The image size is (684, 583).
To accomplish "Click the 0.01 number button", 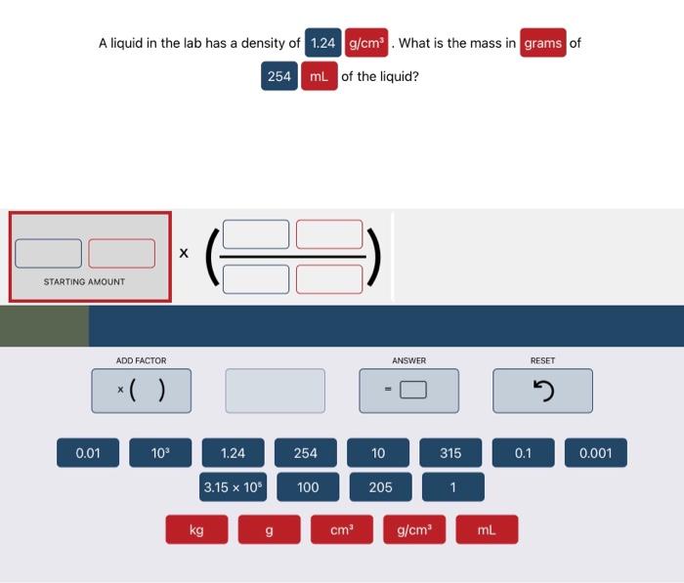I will tap(88, 453).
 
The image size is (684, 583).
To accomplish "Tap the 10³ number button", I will tap(160, 453).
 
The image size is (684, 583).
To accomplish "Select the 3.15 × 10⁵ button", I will tap(234, 486).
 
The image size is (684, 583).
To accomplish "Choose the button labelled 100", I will tap(307, 486).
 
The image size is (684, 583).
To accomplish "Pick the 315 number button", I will tap(450, 453).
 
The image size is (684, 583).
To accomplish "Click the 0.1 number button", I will tap(523, 453).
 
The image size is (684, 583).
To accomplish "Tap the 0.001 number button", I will tap(595, 453).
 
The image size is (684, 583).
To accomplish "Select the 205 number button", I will tap(380, 486).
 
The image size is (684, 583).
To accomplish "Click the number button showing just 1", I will tap(452, 486).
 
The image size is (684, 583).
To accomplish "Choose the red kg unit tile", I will tap(196, 529).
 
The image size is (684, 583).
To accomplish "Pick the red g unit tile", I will tap(269, 529).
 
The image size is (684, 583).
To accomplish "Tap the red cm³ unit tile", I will tap(341, 529).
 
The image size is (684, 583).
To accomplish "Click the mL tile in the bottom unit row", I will tap(487, 529).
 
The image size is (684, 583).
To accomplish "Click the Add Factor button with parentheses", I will tap(141, 391).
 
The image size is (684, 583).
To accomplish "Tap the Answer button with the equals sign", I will tap(407, 391).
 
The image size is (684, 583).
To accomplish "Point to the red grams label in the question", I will tap(542, 43).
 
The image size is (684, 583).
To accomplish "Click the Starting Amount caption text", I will tap(84, 282).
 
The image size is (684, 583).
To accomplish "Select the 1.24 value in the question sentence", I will tap(322, 43).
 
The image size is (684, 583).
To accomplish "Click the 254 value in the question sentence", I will tap(279, 76).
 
